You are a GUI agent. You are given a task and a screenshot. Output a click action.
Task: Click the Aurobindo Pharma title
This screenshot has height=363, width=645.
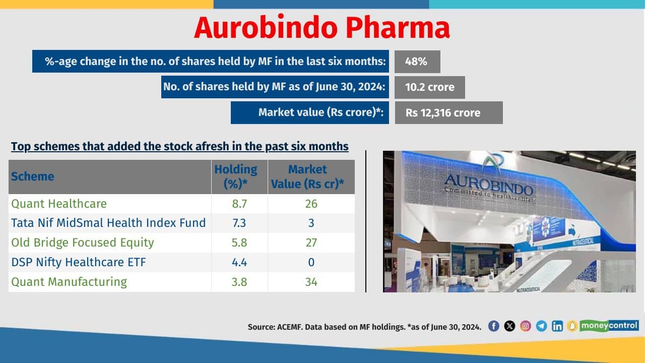[x=321, y=28]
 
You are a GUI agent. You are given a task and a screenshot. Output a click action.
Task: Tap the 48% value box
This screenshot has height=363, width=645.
[x=417, y=62]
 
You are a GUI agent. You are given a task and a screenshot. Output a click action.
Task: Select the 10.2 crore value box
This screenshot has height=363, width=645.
[x=429, y=87]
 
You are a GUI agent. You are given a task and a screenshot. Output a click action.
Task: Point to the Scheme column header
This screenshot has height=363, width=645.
[x=33, y=176]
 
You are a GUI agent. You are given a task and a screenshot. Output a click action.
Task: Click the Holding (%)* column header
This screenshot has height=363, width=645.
[x=236, y=176]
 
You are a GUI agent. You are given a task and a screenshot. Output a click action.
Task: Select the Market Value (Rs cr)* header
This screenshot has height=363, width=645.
[x=307, y=176]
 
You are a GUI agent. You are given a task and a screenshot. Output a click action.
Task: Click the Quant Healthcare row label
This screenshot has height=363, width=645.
[x=59, y=204]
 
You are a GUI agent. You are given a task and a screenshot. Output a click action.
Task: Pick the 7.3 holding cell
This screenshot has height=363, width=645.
[x=239, y=223]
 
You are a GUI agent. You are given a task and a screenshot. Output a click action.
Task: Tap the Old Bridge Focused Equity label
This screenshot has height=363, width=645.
[x=83, y=243]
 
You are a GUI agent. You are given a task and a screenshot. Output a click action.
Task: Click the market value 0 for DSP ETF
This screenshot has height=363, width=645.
[x=311, y=262]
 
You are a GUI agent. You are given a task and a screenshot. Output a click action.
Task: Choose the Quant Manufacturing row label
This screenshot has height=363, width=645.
[x=69, y=281]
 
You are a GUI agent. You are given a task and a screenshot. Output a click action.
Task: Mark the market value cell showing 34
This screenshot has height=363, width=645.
[x=311, y=281]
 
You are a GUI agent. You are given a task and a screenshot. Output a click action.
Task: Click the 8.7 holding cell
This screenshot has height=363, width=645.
[x=239, y=204]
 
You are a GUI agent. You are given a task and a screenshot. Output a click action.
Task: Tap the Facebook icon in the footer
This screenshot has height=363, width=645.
[x=494, y=326]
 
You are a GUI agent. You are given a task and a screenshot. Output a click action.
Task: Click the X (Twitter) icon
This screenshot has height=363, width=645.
[x=509, y=326]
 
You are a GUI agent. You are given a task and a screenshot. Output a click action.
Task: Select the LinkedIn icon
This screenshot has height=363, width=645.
[x=557, y=326]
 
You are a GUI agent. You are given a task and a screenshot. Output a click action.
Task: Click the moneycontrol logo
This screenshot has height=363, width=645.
[x=609, y=325]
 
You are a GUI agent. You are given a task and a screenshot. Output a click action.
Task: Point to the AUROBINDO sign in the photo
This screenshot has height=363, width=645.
[x=488, y=184]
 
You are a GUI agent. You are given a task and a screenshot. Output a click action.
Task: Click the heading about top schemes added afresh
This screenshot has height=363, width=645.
[x=179, y=147]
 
